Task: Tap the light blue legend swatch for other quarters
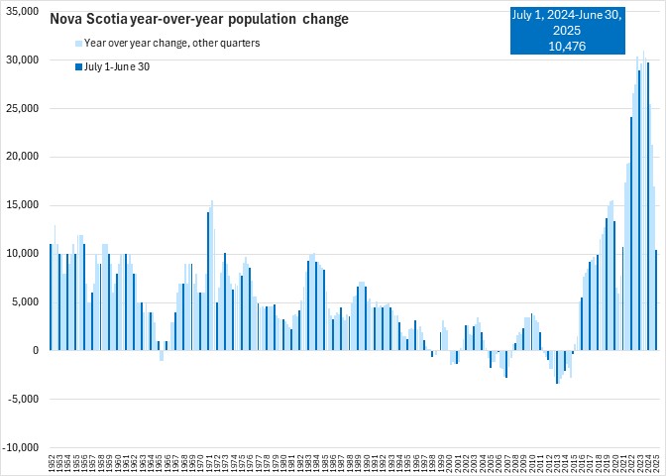click(x=78, y=44)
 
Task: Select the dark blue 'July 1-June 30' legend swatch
click(x=78, y=66)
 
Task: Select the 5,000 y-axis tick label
click(x=25, y=302)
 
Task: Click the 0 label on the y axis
click(x=35, y=350)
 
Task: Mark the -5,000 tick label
click(x=23, y=399)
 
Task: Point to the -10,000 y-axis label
click(x=21, y=447)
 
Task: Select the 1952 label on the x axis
click(x=52, y=463)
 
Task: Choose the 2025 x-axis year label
click(x=656, y=463)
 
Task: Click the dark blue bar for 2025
click(x=656, y=299)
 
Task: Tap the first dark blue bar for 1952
click(x=51, y=297)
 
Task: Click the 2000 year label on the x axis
click(x=449, y=463)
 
